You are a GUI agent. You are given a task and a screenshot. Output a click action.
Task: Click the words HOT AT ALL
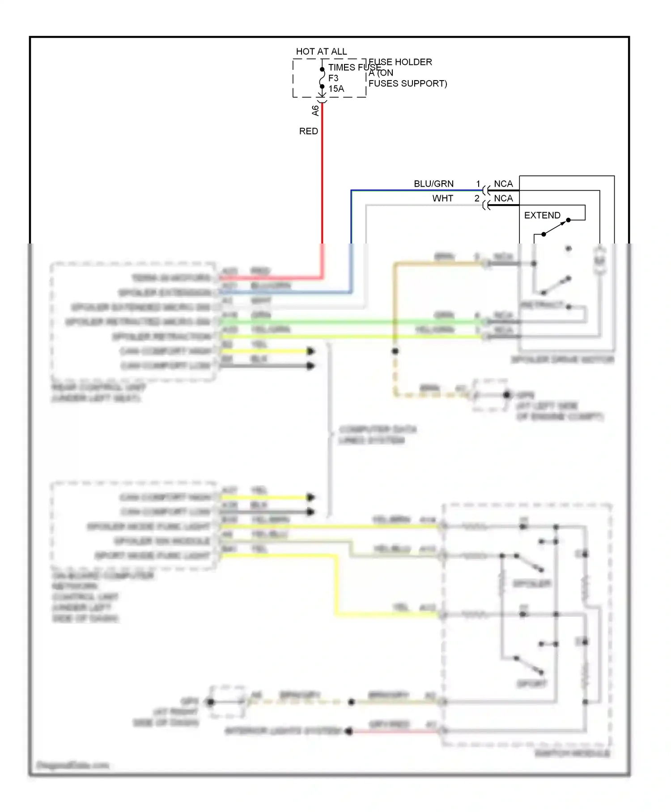tap(321, 51)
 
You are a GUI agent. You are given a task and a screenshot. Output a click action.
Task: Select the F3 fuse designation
tap(333, 78)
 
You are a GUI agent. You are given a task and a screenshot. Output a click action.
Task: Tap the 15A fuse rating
tap(336, 89)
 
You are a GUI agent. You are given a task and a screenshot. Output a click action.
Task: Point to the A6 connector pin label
tap(315, 110)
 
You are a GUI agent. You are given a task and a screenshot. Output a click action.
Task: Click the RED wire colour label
tap(308, 131)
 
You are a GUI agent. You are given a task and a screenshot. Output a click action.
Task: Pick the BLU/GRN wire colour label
tap(433, 184)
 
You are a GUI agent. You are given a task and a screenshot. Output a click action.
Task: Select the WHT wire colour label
tap(442, 198)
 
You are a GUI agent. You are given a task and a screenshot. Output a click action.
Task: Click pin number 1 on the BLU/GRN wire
tap(478, 184)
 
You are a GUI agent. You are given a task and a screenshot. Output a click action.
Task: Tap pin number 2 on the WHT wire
tap(477, 198)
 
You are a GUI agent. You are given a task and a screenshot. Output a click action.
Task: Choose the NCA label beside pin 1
tap(503, 184)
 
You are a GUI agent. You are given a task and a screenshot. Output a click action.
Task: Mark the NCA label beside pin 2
tap(503, 198)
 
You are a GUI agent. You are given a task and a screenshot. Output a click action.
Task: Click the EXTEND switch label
tap(542, 215)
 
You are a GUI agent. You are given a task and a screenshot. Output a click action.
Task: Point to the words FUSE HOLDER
tap(400, 62)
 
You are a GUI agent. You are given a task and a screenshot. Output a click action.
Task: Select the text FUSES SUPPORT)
tap(408, 83)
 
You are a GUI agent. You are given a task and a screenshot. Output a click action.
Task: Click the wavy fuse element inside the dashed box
tap(322, 78)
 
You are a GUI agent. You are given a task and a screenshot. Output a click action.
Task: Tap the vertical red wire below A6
tap(322, 179)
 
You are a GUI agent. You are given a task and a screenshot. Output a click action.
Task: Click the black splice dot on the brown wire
tap(395, 351)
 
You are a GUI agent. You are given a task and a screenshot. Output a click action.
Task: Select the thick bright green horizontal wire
tap(349, 321)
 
